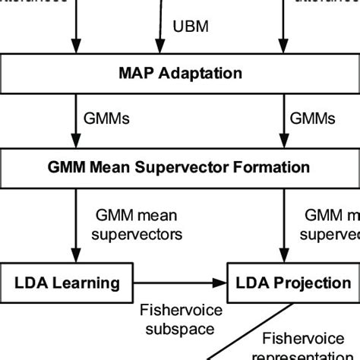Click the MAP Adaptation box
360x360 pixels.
pyautogui.click(x=180, y=74)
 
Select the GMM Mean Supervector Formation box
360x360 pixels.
pyautogui.click(x=180, y=166)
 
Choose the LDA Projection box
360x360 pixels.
pyautogui.click(x=291, y=283)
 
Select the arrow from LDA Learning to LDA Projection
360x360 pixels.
pyautogui.click(x=183, y=283)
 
